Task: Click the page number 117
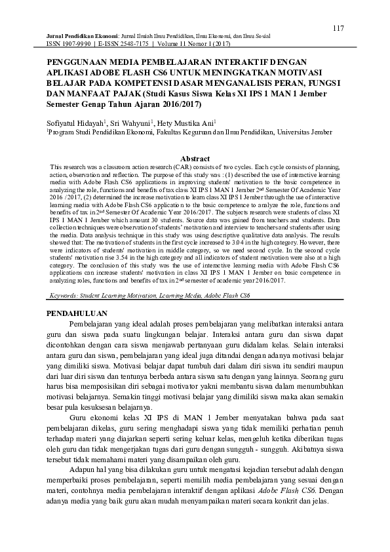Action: coord(338,28)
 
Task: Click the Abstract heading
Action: coord(195,159)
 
